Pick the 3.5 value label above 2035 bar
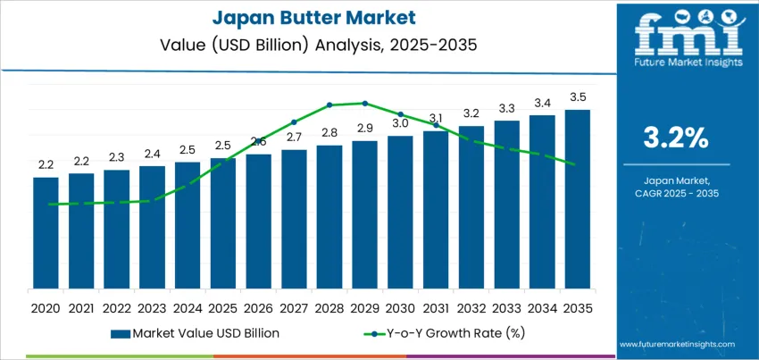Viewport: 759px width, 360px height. coord(577,96)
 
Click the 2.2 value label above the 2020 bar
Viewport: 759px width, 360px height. coord(46,164)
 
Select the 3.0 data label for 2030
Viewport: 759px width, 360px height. coord(400,123)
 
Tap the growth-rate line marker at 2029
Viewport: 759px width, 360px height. coord(364,103)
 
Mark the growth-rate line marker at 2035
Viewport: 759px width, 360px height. coord(570,164)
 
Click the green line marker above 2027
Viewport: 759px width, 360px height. coord(294,122)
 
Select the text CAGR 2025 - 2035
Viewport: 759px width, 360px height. coord(676,193)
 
